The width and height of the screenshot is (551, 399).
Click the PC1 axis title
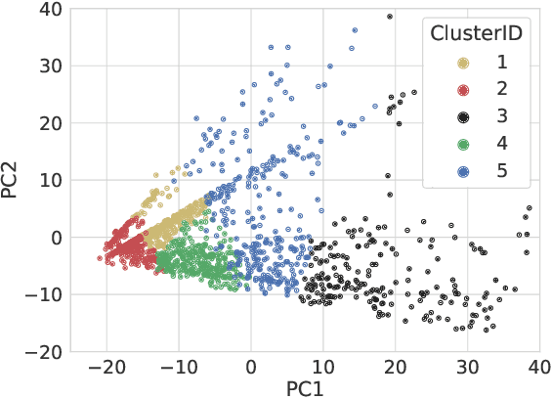304,388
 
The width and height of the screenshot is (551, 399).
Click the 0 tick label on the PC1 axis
251,366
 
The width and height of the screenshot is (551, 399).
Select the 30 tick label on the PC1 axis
467,366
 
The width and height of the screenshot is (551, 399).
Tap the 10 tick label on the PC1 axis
323,366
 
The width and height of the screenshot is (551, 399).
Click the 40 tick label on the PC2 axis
51,10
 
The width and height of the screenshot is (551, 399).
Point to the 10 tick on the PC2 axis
51,181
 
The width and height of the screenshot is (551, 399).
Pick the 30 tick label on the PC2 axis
51,66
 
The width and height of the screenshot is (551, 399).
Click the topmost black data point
390,17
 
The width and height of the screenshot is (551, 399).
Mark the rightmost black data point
530,208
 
